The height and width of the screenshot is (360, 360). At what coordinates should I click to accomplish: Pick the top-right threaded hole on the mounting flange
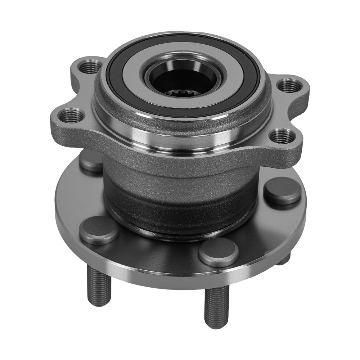coord(290,86)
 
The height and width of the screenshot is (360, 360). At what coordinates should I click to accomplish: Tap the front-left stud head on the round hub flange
coord(99,230)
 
